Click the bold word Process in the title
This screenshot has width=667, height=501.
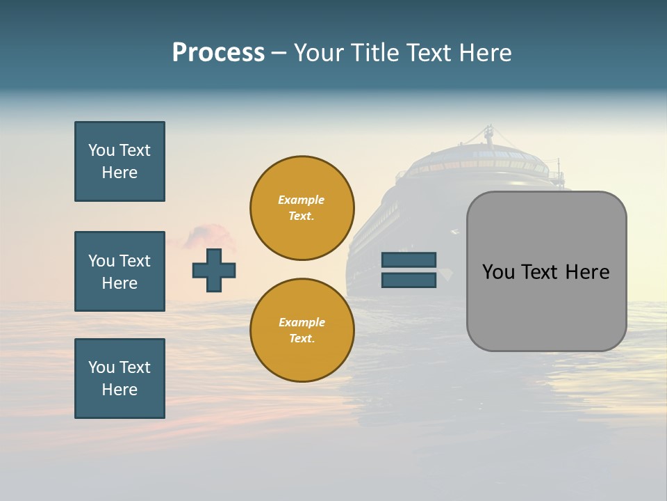[x=218, y=53]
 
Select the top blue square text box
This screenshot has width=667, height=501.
[x=120, y=161]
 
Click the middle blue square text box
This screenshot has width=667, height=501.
[x=120, y=271]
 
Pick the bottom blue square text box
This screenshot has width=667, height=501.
[x=120, y=379]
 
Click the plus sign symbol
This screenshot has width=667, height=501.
[x=214, y=270]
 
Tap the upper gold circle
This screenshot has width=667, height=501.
[x=302, y=208]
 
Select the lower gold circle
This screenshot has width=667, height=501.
[x=302, y=331]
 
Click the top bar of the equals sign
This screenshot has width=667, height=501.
[x=409, y=260]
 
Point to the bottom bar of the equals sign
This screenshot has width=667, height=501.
[x=409, y=280]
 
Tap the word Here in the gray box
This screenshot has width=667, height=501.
[x=587, y=272]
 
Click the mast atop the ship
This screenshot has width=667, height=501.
[x=489, y=134]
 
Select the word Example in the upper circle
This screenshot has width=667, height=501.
[x=302, y=200]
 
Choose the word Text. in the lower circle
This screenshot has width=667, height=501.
[x=302, y=339]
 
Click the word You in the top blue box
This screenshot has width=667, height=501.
[x=101, y=150]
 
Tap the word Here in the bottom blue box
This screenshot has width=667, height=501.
[x=120, y=390]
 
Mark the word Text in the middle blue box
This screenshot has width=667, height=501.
[x=135, y=261]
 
